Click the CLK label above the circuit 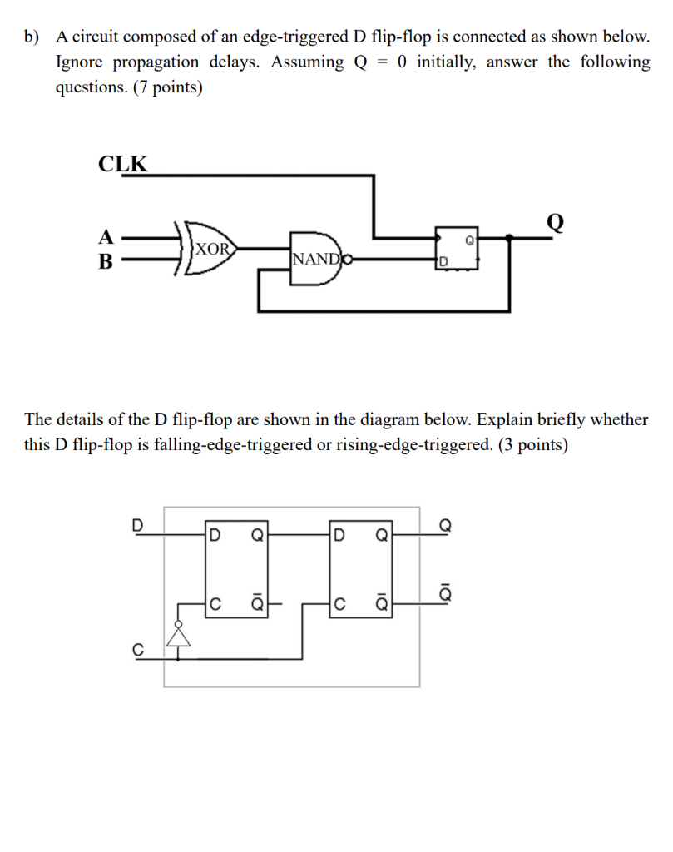click(122, 163)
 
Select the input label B click(106, 260)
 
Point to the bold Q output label click(555, 222)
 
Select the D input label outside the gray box click(138, 525)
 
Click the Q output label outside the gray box click(446, 525)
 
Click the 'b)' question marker click(32, 37)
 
